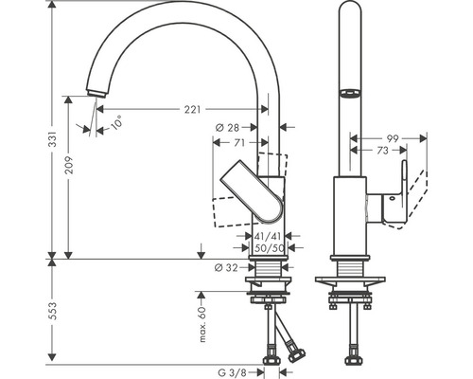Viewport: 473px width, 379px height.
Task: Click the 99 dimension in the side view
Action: (x=392, y=137)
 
